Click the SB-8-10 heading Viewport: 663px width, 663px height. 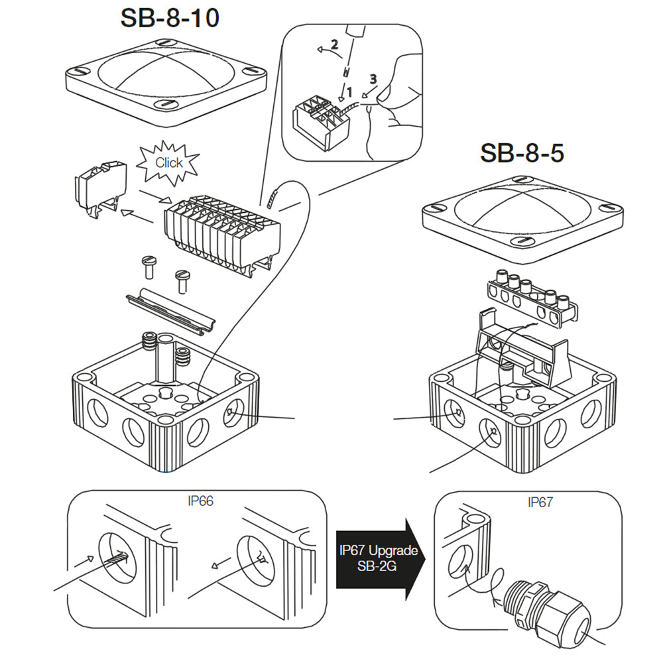tap(170, 18)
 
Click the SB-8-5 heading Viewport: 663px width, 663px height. tap(522, 153)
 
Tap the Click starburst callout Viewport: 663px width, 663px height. tap(168, 162)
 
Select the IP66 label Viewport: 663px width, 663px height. tap(200, 501)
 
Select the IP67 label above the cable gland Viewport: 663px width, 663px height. tap(540, 503)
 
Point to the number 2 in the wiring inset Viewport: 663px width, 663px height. tap(334, 45)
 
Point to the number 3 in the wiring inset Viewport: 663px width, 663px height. tap(373, 79)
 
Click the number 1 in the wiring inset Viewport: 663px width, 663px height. tap(349, 94)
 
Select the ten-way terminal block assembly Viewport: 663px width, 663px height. tap(222, 229)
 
